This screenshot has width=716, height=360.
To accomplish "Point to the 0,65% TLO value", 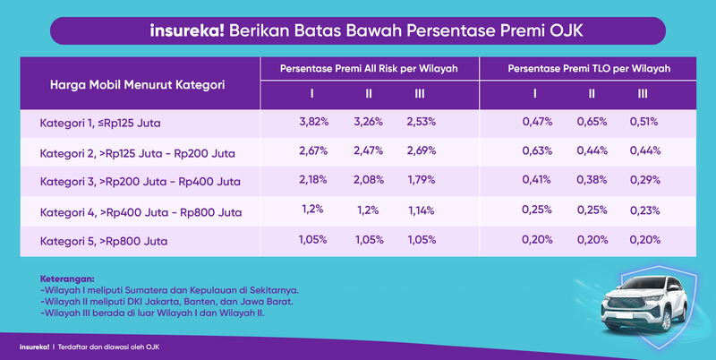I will [x=591, y=121].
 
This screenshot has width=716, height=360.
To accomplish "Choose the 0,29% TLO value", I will [x=643, y=180].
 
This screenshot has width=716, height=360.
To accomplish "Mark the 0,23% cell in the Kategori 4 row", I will [x=643, y=210].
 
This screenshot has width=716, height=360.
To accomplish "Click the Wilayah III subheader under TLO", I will [x=643, y=93].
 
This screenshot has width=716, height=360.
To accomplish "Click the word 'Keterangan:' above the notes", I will [x=67, y=279].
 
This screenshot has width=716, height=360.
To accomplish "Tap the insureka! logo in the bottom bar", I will [x=33, y=346].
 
